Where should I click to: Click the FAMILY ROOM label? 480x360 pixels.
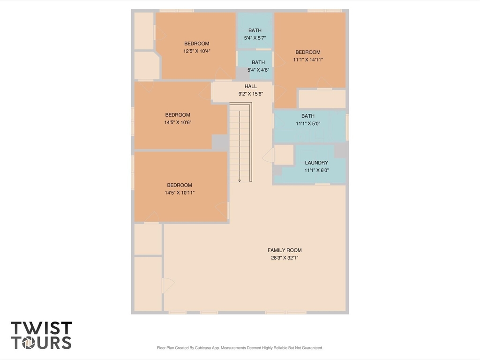pyautogui.click(x=285, y=250)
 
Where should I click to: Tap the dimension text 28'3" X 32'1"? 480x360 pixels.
pyautogui.click(x=285, y=258)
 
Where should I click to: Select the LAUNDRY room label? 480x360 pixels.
pyautogui.click(x=316, y=163)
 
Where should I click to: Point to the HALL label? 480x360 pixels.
pyautogui.click(x=251, y=86)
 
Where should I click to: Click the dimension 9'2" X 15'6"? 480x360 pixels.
pyautogui.click(x=251, y=94)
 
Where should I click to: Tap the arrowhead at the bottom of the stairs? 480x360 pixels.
pyautogui.click(x=240, y=180)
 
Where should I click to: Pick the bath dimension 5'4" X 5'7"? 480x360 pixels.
pyautogui.click(x=255, y=38)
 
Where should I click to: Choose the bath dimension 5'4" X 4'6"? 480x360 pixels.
pyautogui.click(x=258, y=70)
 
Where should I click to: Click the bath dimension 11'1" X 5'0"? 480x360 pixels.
pyautogui.click(x=308, y=124)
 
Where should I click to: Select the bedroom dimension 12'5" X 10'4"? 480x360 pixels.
pyautogui.click(x=197, y=51)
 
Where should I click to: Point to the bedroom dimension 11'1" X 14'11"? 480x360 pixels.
pyautogui.click(x=308, y=60)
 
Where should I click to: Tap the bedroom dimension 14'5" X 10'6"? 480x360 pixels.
pyautogui.click(x=178, y=122)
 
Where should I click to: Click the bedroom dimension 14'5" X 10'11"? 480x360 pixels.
pyautogui.click(x=180, y=193)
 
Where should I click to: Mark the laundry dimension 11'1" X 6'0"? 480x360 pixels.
pyautogui.click(x=316, y=170)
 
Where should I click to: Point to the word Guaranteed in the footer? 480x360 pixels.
pyautogui.click(x=312, y=348)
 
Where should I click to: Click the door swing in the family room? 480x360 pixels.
pyautogui.click(x=168, y=285)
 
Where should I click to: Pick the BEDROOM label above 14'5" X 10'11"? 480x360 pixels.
pyautogui.click(x=180, y=185)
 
